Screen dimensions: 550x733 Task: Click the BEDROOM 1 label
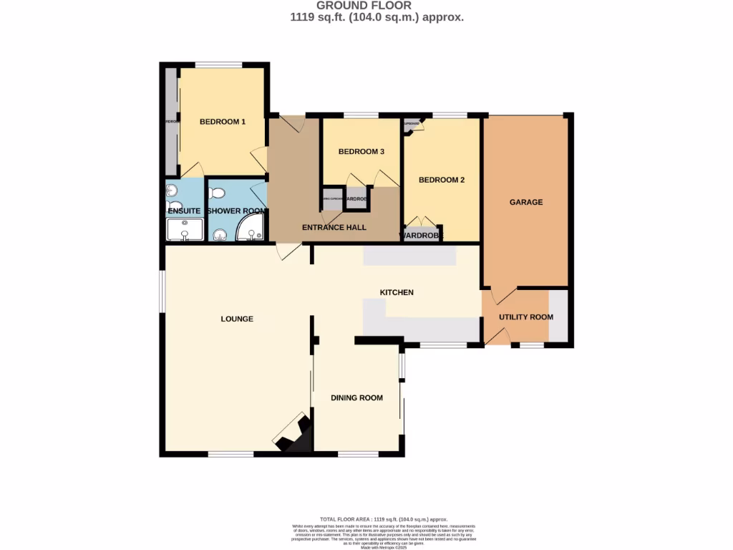point(222,122)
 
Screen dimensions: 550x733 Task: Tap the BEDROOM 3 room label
point(361,152)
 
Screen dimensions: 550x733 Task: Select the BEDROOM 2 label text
point(442,180)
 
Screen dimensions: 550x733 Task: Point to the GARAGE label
point(526,203)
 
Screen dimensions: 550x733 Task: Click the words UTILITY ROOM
point(526,317)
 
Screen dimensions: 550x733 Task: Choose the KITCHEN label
point(397,293)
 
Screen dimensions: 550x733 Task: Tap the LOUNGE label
point(237,319)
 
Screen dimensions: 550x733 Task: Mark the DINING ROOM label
point(356,398)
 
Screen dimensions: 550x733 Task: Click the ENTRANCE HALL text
point(334,228)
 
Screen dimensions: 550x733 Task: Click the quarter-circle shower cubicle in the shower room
point(251,229)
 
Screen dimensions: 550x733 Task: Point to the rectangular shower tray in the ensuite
point(185,230)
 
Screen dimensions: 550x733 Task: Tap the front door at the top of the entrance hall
point(292,123)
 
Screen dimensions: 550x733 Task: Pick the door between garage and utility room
point(503,296)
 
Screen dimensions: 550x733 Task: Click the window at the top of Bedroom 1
point(220,64)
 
